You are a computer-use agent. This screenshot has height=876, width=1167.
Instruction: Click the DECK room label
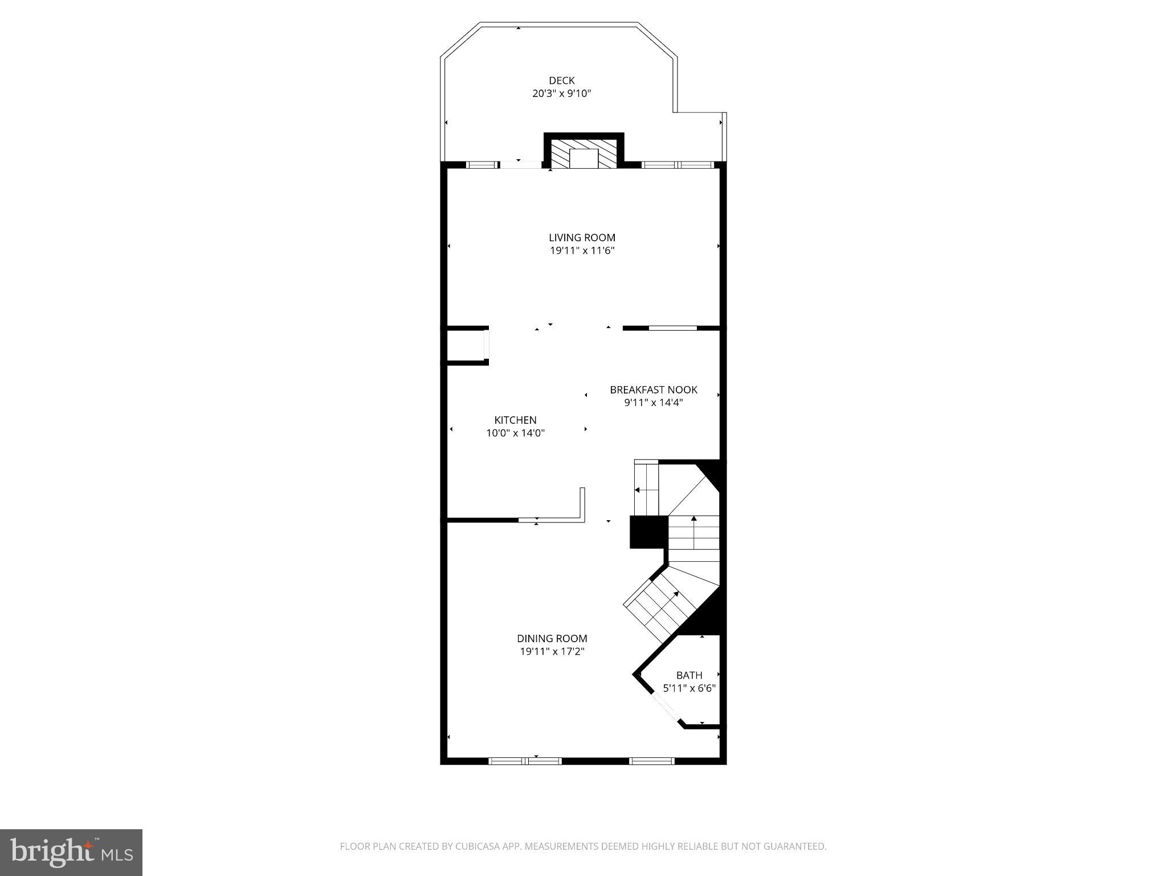pos(561,80)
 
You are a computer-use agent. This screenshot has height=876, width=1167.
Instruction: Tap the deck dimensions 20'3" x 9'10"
pos(561,94)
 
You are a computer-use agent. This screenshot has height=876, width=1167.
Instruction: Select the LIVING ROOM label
pos(582,237)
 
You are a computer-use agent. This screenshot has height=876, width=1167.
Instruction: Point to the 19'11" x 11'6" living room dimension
pos(582,250)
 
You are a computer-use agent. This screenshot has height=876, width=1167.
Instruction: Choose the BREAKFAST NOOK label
pos(653,390)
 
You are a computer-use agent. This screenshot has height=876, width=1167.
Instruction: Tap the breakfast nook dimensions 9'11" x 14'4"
pos(653,403)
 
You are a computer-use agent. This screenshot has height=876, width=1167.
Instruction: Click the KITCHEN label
pos(515,420)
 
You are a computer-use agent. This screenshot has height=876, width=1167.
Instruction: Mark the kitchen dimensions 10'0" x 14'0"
pos(515,433)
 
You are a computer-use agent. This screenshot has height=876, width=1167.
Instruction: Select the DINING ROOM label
pos(552,638)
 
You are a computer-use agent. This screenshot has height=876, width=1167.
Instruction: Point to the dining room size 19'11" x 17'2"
pos(552,651)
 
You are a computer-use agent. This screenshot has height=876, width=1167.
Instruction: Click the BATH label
pos(689,675)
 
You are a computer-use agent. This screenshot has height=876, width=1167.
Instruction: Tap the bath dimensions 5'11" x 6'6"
pos(689,688)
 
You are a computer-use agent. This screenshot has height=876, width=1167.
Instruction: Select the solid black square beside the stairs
pos(647,532)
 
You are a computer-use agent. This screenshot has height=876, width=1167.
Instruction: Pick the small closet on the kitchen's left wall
pos(466,346)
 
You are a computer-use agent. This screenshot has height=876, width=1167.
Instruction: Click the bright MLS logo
pos(71,852)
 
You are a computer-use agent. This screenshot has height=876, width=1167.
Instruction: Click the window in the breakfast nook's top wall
pos(672,328)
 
